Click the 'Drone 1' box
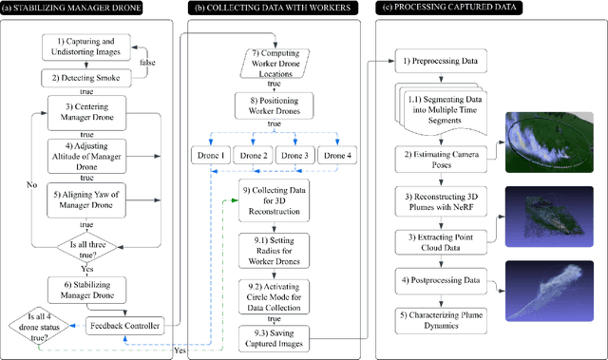[x=209, y=156]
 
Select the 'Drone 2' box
[x=254, y=156]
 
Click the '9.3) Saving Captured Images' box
[x=275, y=334]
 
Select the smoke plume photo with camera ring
[x=548, y=142]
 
